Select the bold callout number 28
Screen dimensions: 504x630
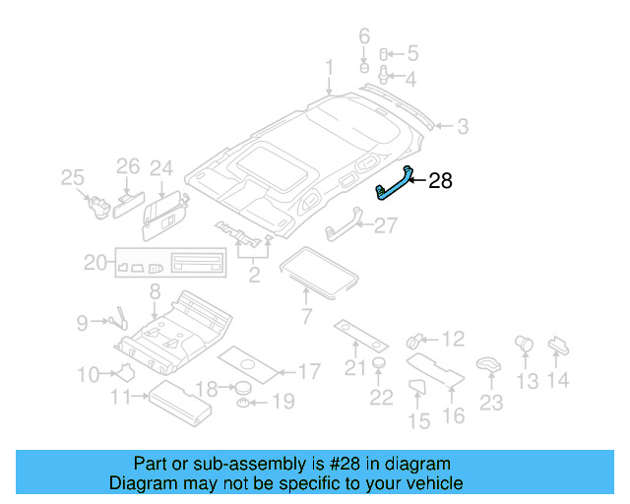(439, 180)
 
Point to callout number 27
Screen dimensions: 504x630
(385, 225)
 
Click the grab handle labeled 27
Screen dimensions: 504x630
(340, 227)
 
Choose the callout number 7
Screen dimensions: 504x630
(305, 317)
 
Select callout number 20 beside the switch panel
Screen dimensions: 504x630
(95, 263)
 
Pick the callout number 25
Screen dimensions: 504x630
(73, 177)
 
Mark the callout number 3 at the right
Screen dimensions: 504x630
(462, 126)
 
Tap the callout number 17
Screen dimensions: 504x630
(308, 372)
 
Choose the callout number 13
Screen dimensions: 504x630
(528, 381)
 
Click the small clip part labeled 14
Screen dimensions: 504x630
(558, 345)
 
